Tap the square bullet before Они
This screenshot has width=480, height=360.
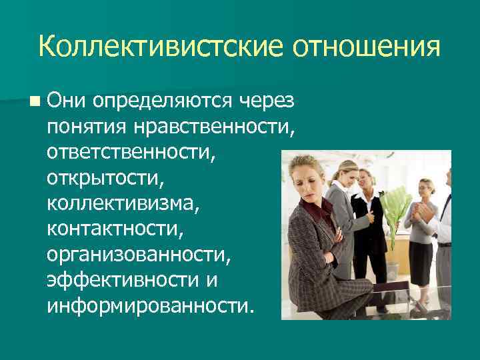click(x=33, y=101)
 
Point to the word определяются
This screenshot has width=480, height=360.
click(x=162, y=101)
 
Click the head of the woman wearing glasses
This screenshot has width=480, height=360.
click(x=425, y=188)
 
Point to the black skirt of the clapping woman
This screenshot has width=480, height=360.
click(x=421, y=263)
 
